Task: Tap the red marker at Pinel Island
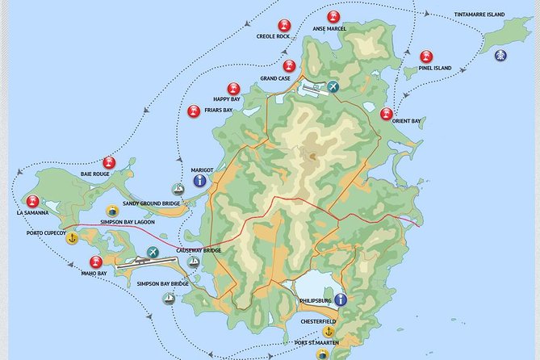(426, 57)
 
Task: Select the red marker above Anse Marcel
(333, 17)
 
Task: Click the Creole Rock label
(273, 36)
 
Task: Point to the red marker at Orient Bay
(387, 115)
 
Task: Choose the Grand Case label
(275, 78)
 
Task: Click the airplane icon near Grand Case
(333, 86)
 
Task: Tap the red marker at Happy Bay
(233, 89)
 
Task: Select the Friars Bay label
(218, 110)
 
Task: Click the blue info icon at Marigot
(199, 181)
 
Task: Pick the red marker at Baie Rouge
(110, 163)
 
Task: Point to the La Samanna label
(32, 213)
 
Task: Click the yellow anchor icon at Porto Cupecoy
(72, 239)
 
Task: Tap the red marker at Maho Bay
(96, 262)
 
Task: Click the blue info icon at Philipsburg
(341, 300)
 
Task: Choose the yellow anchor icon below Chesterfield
(329, 332)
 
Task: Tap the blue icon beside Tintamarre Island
(501, 55)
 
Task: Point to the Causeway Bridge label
(199, 250)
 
